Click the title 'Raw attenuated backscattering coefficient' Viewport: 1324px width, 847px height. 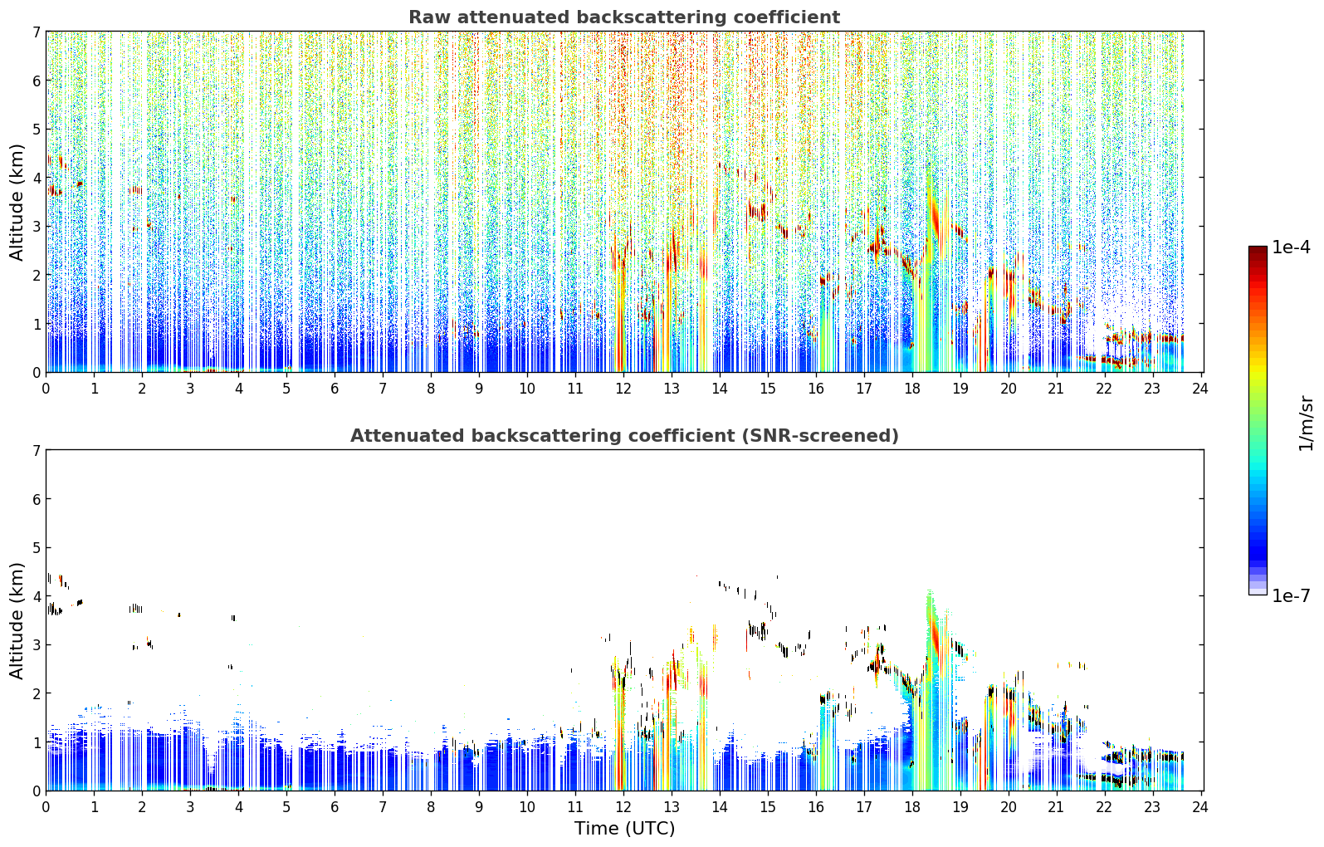click(624, 17)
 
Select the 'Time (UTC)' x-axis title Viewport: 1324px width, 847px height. click(624, 829)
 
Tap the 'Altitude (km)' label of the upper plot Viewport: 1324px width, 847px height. click(17, 203)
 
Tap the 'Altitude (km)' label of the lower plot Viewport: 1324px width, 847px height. click(17, 620)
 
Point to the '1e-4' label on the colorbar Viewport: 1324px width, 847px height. click(1291, 247)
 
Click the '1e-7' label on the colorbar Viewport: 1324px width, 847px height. click(1291, 595)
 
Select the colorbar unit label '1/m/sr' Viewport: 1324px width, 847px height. click(1306, 423)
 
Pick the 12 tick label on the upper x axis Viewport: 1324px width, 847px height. click(623, 389)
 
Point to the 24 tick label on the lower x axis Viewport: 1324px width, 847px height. click(1199, 807)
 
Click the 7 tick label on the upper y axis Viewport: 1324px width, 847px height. click(36, 32)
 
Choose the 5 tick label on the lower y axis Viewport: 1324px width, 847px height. click(36, 548)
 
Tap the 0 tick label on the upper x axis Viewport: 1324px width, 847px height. click(46, 389)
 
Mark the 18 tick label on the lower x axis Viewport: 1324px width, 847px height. click(911, 807)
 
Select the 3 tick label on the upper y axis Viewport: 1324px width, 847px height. click(36, 227)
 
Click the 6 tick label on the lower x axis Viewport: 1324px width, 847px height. click(335, 807)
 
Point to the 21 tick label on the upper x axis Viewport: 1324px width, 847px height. click(1056, 389)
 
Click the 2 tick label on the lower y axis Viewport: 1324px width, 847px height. click(36, 693)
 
